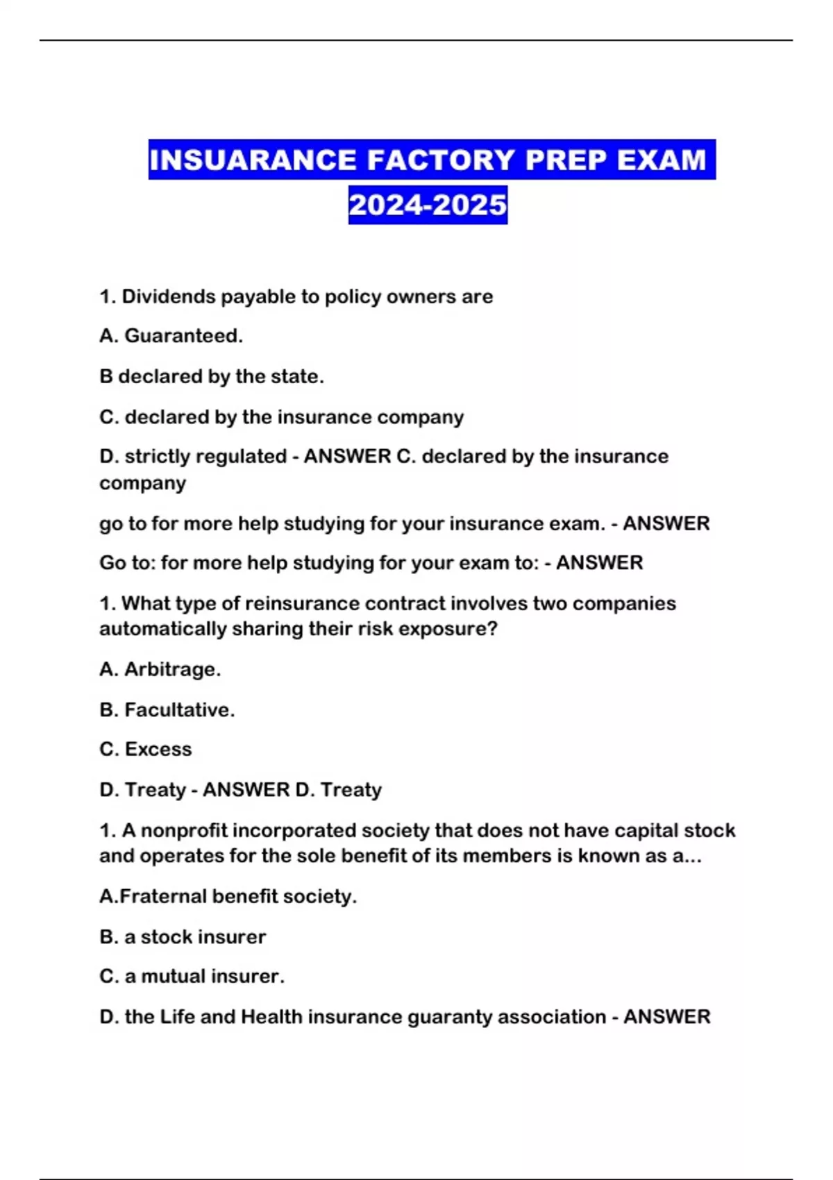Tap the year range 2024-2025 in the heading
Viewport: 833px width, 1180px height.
click(x=428, y=205)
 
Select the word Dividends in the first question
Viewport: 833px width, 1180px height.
click(x=169, y=296)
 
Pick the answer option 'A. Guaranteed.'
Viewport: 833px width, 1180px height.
click(x=171, y=336)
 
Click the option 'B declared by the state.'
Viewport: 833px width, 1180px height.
click(x=211, y=376)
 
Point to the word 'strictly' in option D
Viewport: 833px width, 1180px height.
click(x=155, y=456)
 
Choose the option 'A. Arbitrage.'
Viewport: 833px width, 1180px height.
click(x=160, y=669)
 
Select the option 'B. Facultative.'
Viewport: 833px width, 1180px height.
click(x=167, y=709)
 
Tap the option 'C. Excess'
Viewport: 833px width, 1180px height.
click(x=145, y=749)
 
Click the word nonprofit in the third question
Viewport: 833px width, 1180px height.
click(x=184, y=830)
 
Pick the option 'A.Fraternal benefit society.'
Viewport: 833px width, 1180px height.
click(x=228, y=896)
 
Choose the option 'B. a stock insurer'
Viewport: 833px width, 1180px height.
click(x=182, y=936)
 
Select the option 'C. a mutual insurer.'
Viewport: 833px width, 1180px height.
click(x=192, y=976)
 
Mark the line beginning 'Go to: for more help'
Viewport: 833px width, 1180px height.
click(x=371, y=562)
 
